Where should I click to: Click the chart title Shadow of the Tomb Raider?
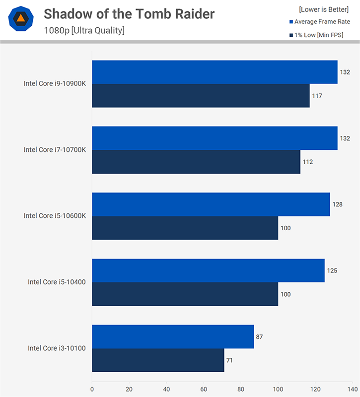click(129, 14)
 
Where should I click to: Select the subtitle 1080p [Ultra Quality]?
click(84, 31)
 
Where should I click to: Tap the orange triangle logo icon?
click(21, 20)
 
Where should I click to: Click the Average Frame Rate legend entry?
click(322, 22)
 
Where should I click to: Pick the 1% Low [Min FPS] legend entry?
click(322, 35)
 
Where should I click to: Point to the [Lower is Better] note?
click(324, 9)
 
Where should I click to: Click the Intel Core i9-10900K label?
click(55, 83)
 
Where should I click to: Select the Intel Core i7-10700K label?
click(55, 149)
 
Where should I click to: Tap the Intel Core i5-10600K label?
click(55, 216)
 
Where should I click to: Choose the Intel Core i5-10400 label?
click(57, 282)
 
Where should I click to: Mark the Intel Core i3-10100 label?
click(57, 348)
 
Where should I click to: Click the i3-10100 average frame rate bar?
click(173, 336)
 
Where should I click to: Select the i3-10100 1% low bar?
click(158, 360)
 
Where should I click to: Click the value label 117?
click(317, 96)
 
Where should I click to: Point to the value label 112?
click(308, 162)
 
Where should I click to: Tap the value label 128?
click(338, 204)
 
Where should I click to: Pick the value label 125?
click(332, 271)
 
